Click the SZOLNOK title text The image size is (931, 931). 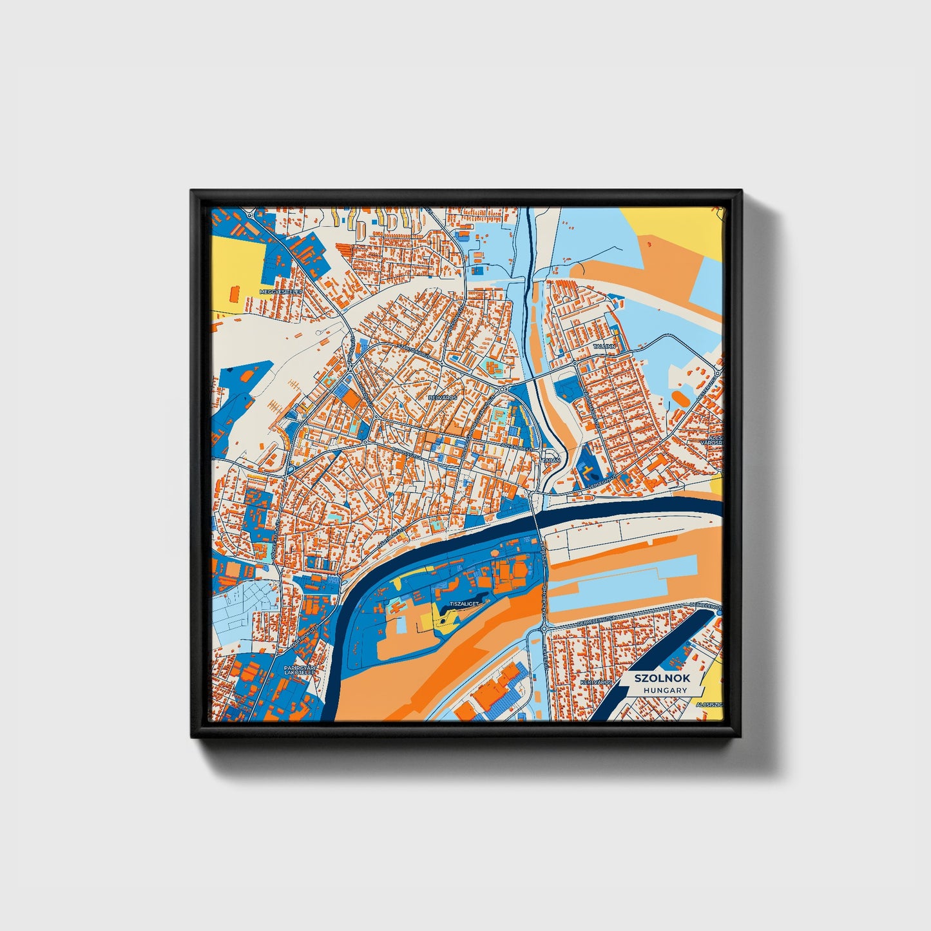[x=662, y=678]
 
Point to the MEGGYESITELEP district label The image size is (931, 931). [x=280, y=292]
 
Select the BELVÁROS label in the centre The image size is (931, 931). [x=442, y=398]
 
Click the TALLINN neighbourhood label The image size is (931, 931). [x=604, y=347]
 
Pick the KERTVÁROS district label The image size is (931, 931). [x=594, y=682]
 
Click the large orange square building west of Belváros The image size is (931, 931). [x=352, y=399]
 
